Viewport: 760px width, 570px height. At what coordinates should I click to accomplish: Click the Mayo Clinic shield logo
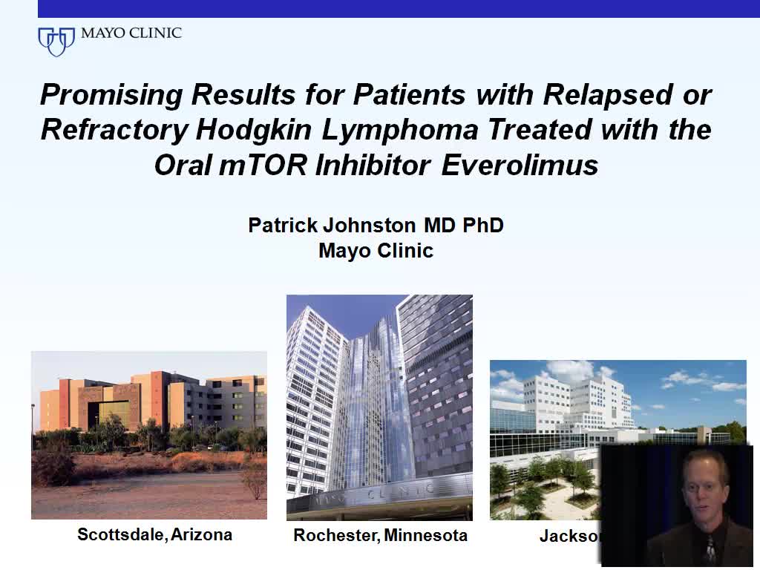pos(56,41)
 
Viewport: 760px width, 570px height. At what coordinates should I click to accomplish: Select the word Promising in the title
pos(111,95)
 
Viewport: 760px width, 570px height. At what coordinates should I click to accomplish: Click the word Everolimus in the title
pos(520,165)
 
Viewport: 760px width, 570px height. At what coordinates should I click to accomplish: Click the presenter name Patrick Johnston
pos(333,225)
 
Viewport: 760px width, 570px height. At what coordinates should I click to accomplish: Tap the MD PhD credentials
pos(464,225)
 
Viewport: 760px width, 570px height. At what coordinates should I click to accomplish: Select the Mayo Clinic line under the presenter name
pos(376,250)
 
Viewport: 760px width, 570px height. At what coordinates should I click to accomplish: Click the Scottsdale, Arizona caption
pos(154,534)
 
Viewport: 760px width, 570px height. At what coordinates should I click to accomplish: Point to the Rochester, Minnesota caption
pos(380,535)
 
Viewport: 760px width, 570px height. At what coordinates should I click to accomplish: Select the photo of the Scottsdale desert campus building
pos(148,435)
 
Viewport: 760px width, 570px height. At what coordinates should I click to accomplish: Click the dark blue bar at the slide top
pos(399,8)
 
